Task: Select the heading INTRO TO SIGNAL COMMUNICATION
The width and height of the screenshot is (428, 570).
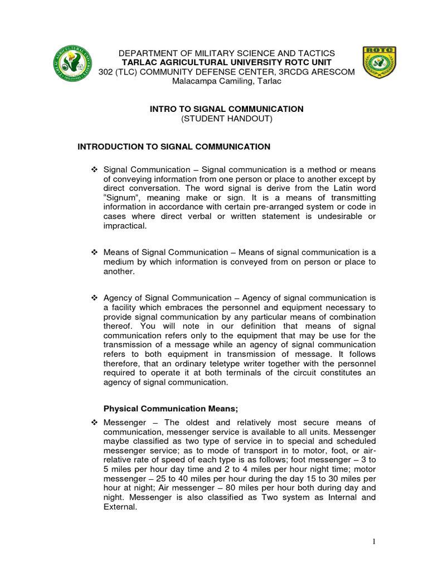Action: click(226, 109)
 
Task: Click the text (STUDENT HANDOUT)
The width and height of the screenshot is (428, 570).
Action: click(226, 119)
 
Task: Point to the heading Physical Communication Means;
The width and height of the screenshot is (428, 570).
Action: click(171, 409)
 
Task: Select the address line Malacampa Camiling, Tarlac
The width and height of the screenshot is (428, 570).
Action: click(226, 81)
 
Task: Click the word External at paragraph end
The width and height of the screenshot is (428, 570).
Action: click(119, 507)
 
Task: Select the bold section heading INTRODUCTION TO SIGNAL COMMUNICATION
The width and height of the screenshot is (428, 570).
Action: click(173, 147)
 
